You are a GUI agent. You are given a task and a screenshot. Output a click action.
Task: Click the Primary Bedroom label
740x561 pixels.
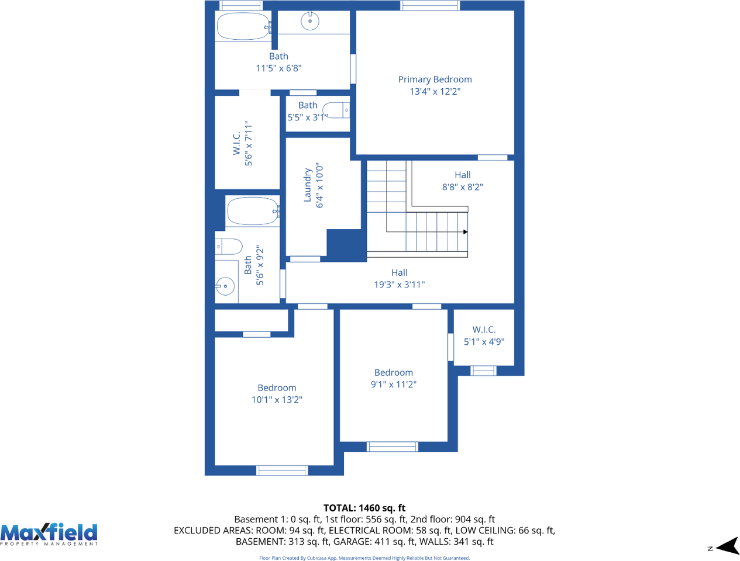[x=435, y=80]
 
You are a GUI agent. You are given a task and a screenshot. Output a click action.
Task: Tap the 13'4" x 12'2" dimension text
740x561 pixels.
[x=435, y=92]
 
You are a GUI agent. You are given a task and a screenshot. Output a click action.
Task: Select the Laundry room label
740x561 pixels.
[x=307, y=185]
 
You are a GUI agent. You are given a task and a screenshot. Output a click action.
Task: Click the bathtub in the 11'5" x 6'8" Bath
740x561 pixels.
[x=244, y=26]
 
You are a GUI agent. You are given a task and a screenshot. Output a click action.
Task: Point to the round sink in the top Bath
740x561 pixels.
[x=310, y=21]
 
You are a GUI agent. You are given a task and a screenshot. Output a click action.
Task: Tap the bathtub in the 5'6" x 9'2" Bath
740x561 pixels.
[x=253, y=211]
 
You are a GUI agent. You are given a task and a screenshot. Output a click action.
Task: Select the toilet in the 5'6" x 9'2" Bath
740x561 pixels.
[x=229, y=247]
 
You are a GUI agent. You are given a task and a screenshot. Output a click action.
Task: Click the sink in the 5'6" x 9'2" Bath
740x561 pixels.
[x=225, y=286]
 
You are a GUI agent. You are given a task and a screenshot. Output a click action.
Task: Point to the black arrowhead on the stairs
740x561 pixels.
[x=465, y=232]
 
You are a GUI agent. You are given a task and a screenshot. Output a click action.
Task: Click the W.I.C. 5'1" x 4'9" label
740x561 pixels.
[x=484, y=336]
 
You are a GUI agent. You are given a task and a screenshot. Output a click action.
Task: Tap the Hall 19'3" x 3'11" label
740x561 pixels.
[x=399, y=279]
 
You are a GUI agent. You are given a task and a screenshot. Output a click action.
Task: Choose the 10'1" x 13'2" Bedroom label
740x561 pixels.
[x=277, y=394]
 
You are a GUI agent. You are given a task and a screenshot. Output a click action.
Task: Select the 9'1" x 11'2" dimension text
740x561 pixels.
[x=394, y=385]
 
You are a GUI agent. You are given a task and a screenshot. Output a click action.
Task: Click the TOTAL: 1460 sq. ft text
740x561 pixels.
[x=364, y=508]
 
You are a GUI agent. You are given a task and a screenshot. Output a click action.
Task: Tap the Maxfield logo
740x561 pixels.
[x=49, y=534]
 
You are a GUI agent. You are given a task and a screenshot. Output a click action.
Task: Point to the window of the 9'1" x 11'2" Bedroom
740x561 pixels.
[x=393, y=447]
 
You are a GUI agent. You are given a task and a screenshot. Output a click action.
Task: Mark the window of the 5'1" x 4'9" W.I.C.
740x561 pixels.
[x=483, y=370]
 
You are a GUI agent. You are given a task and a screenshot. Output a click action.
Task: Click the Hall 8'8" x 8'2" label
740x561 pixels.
[x=463, y=181]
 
